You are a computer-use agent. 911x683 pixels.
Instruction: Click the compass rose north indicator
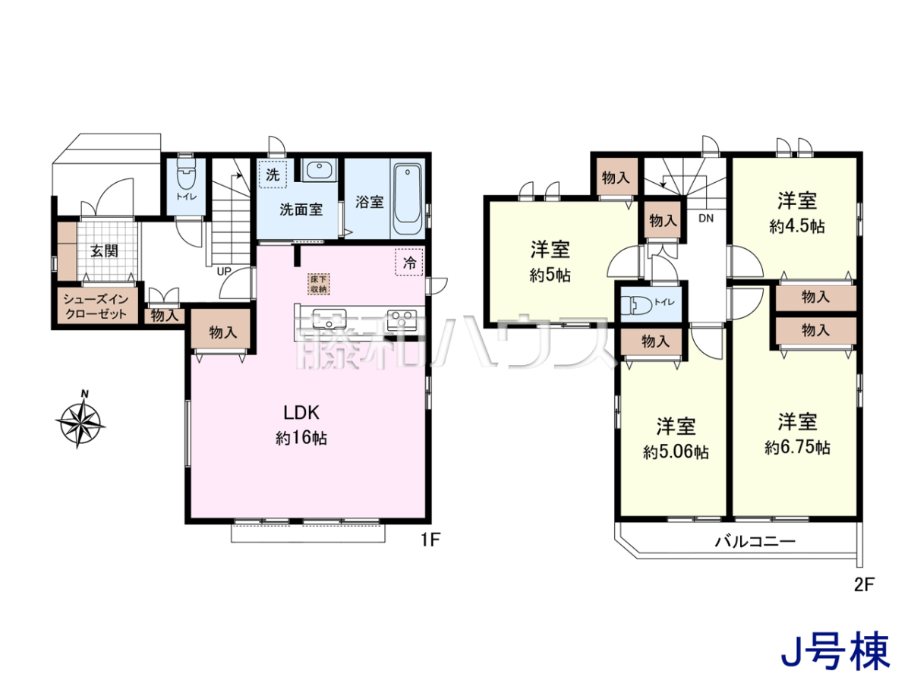tap(80, 419)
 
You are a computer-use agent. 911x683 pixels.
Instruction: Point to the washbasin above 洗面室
tap(319, 170)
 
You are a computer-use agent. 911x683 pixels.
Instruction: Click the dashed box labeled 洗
tap(273, 175)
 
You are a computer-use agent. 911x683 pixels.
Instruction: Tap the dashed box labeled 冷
tap(408, 262)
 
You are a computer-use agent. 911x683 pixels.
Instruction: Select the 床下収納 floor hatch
tap(319, 285)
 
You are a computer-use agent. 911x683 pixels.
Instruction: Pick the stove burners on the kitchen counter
tap(402, 319)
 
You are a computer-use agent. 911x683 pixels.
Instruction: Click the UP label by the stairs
tap(224, 272)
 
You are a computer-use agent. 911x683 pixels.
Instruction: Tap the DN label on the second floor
tap(705, 218)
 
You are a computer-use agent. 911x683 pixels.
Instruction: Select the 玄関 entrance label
tap(104, 251)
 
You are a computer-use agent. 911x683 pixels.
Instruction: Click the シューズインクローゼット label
tap(96, 307)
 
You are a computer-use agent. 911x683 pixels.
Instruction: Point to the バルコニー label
tap(755, 541)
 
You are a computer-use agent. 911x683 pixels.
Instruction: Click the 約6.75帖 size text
tap(797, 448)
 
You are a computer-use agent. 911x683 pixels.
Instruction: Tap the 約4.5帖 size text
tap(797, 226)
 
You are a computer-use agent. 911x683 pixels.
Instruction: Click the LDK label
tap(301, 413)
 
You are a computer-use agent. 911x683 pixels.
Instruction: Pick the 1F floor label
tap(430, 540)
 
